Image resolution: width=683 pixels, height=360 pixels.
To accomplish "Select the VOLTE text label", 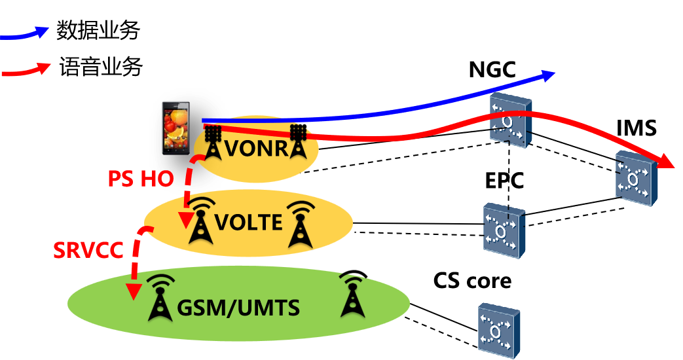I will pyautogui.click(x=249, y=223).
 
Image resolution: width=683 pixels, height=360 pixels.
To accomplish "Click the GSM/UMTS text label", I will pyautogui.click(x=238, y=307).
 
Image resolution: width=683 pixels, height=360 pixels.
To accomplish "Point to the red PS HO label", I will pyautogui.click(x=140, y=178).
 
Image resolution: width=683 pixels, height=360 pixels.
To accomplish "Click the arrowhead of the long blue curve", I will pyautogui.click(x=547, y=75).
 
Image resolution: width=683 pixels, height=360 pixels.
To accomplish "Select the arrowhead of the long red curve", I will pyautogui.click(x=666, y=162).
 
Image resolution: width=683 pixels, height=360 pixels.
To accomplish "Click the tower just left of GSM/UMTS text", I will pyautogui.click(x=160, y=298).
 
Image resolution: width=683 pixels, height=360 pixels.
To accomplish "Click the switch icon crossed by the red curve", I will pyautogui.click(x=511, y=122).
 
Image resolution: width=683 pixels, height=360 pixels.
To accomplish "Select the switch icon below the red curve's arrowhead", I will pyautogui.click(x=635, y=178).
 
